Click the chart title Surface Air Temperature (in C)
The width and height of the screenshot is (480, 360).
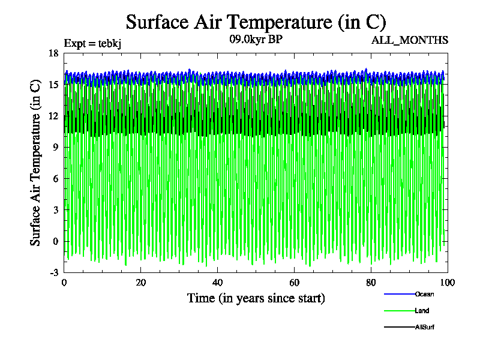(256, 22)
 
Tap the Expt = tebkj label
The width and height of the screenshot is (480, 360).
(93, 43)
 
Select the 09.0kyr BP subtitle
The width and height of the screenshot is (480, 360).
(256, 40)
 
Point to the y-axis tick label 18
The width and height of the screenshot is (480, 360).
(53, 53)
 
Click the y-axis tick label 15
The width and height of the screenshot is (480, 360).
(53, 85)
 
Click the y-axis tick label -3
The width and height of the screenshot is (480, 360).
(53, 272)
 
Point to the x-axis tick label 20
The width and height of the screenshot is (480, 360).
(140, 283)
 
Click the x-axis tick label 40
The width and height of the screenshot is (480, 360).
(217, 283)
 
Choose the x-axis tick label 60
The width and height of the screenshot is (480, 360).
(294, 283)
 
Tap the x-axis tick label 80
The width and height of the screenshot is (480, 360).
(371, 283)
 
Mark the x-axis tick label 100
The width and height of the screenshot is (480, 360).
(447, 283)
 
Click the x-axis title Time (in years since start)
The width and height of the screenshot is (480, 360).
(256, 298)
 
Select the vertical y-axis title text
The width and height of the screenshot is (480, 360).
(36, 162)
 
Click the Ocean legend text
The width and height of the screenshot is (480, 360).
(424, 294)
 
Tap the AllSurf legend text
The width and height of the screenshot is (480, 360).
(425, 327)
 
